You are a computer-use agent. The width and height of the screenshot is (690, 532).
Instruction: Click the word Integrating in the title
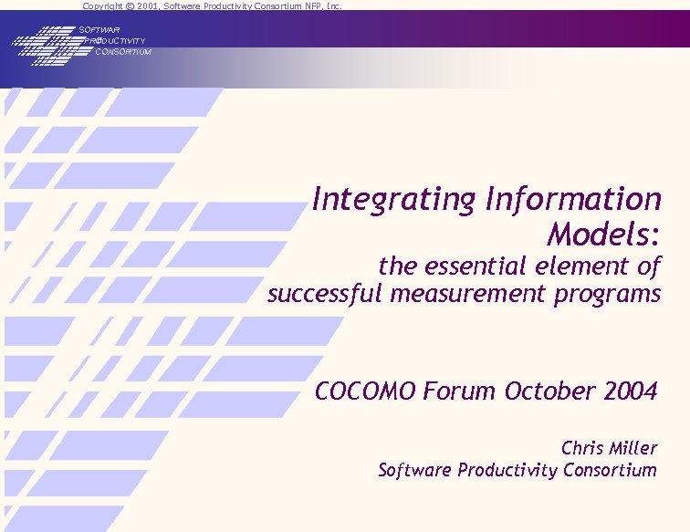pos(394,200)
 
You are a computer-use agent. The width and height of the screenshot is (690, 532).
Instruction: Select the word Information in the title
pos(574,199)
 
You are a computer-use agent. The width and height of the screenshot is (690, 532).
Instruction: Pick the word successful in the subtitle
pos(325,294)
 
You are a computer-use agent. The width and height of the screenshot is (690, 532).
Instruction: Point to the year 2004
pos(630,391)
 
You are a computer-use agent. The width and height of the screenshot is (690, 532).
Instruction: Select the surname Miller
pos(634,448)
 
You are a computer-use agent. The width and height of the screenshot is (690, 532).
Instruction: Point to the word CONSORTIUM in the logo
pos(123,52)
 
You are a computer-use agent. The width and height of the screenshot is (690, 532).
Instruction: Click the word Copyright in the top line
pos(103,5)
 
